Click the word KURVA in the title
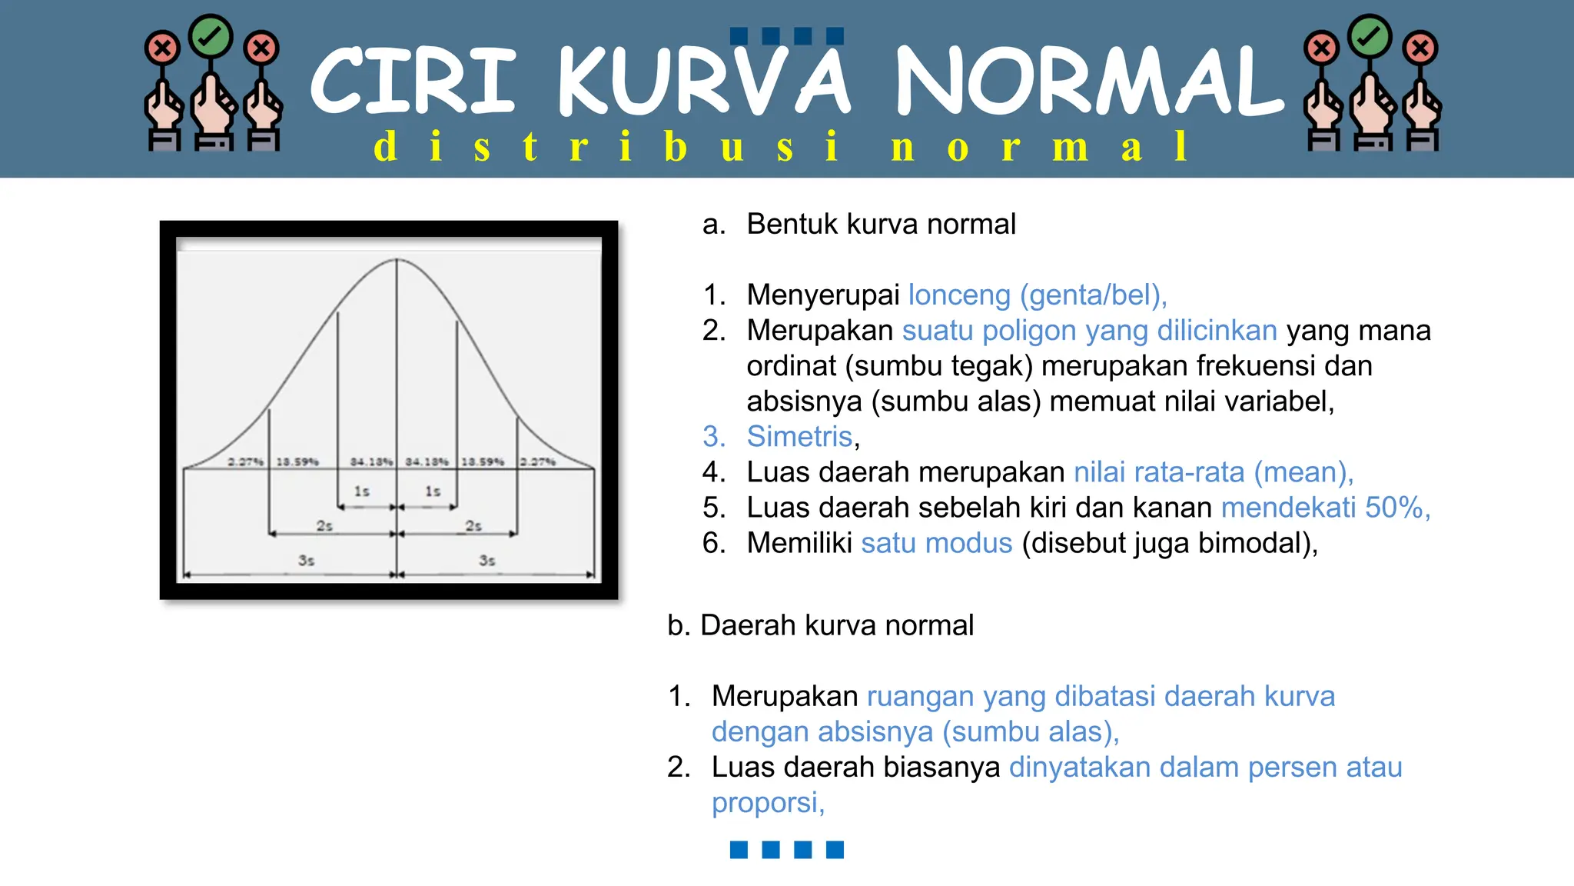coord(703,82)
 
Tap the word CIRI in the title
coord(413,82)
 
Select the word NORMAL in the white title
coord(1089,82)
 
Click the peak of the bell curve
coord(397,260)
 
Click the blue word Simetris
coord(799,437)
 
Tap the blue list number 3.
coord(712,437)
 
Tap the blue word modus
coord(968,543)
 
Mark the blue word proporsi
coord(765,803)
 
